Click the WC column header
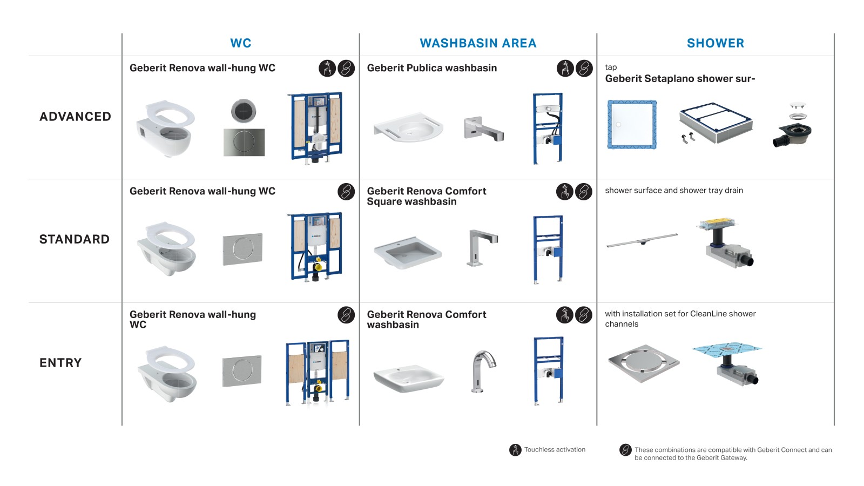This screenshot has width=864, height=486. pyautogui.click(x=240, y=43)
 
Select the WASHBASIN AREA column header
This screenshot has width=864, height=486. pyautogui.click(x=478, y=43)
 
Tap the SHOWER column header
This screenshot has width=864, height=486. pyautogui.click(x=715, y=43)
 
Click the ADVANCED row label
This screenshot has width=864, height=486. pyautogui.click(x=75, y=117)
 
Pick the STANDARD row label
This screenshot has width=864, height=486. pyautogui.click(x=75, y=239)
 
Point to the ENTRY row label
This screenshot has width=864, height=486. pyautogui.click(x=60, y=363)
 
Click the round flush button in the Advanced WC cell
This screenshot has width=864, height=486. pyautogui.click(x=244, y=111)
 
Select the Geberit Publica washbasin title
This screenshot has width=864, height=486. pyautogui.click(x=431, y=68)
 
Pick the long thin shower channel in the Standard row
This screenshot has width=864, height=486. pyautogui.click(x=642, y=240)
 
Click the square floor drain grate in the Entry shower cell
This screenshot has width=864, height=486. pyautogui.click(x=643, y=362)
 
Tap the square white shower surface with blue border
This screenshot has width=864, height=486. pyautogui.click(x=632, y=124)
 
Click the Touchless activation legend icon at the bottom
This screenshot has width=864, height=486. pyautogui.click(x=515, y=450)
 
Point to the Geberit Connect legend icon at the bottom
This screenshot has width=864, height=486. pyautogui.click(x=625, y=450)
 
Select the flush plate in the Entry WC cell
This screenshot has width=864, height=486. pyautogui.click(x=242, y=371)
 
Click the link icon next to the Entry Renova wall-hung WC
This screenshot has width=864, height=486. pyautogui.click(x=346, y=315)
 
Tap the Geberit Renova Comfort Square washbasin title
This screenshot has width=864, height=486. pyautogui.click(x=426, y=196)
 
